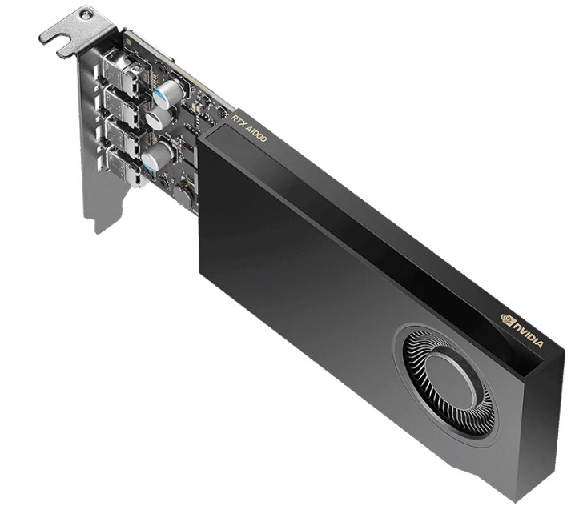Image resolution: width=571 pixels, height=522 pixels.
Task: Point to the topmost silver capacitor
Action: [168, 94]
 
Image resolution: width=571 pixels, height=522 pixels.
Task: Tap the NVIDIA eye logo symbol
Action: [507, 319]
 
